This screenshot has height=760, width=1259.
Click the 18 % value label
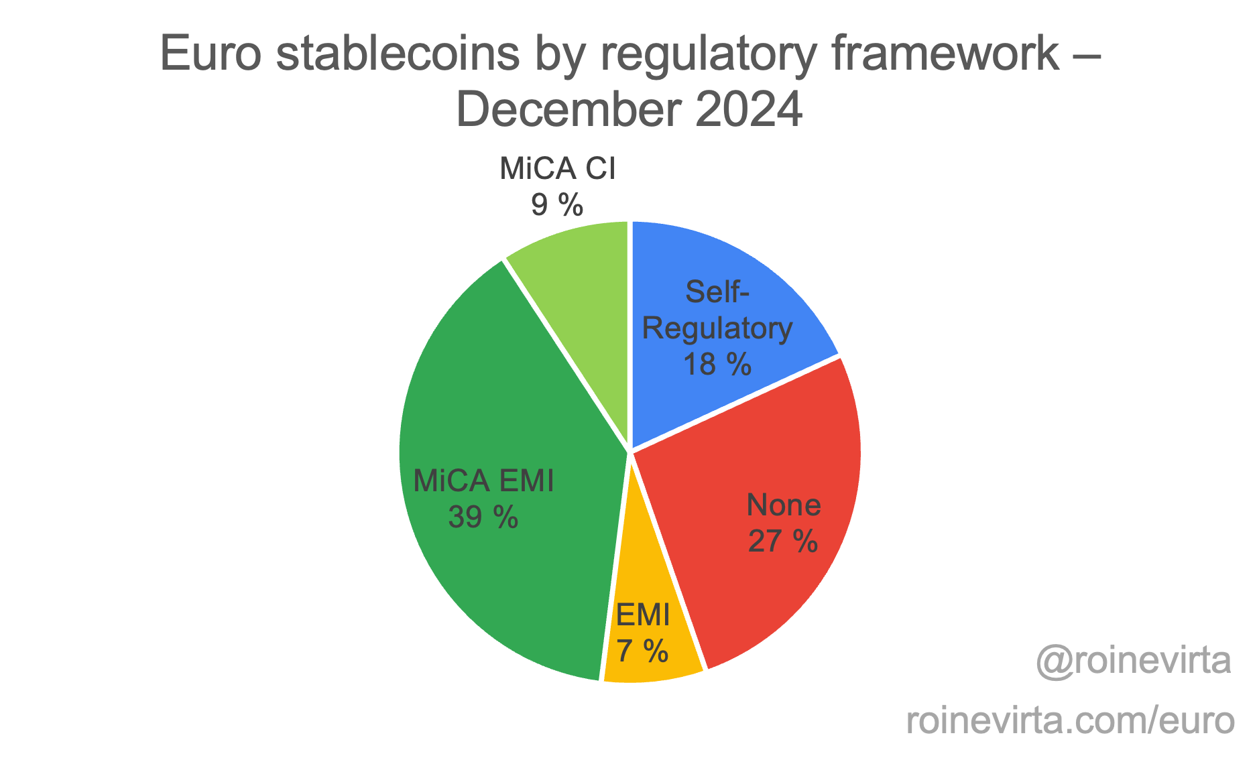[x=717, y=365]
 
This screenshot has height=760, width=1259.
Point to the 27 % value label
[x=782, y=541]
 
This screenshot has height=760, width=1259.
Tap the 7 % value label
[x=642, y=651]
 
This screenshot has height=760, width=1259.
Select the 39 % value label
[x=483, y=517]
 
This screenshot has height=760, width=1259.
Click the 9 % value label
[x=557, y=204]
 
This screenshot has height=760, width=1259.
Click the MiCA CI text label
[x=557, y=169]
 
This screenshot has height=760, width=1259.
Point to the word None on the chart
[x=784, y=505]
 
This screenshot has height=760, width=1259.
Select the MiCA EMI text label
[x=483, y=481]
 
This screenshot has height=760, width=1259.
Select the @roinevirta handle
[x=1133, y=661]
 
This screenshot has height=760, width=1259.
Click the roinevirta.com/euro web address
[x=1070, y=721]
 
